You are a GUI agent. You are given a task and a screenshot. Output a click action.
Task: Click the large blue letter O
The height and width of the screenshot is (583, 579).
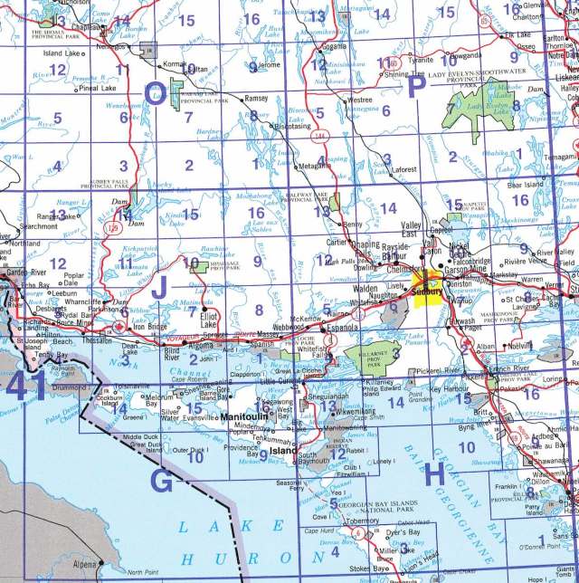(156, 93)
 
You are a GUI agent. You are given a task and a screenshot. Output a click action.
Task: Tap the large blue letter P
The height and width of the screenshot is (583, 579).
(417, 86)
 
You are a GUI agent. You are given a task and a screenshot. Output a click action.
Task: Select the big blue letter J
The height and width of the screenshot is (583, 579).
(160, 290)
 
